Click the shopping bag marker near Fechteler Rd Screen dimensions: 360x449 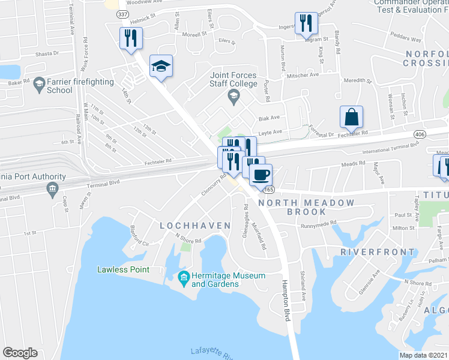tap(351, 116)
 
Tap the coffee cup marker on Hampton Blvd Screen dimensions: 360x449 tap(261, 175)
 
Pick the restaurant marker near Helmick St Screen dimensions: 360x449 tap(130, 38)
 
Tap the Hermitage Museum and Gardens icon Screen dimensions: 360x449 tap(183, 276)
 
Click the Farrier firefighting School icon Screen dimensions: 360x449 tap(40, 82)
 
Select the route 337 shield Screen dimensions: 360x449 tap(122, 14)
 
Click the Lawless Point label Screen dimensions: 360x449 tap(123, 269)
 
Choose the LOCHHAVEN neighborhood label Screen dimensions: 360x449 tap(195, 226)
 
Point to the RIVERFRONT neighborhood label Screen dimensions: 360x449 tap(370, 253)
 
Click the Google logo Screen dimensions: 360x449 tap(20, 352)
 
